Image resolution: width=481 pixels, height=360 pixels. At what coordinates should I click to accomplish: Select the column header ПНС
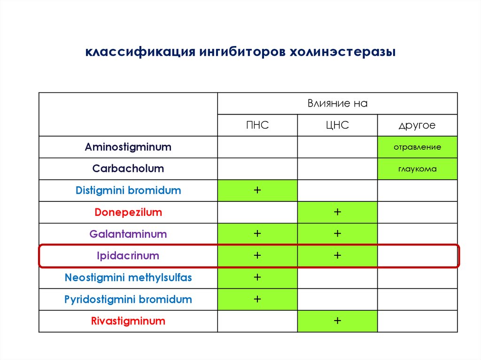click(x=257, y=125)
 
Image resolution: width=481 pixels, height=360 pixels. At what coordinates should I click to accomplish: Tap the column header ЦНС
click(x=337, y=125)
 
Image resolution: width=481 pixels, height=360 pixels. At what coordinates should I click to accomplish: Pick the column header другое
click(x=417, y=125)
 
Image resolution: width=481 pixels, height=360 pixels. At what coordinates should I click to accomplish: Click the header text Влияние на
click(x=337, y=104)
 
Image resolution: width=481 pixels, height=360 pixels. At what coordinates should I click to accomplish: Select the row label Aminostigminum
click(x=128, y=147)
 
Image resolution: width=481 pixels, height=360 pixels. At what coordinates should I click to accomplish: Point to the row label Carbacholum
click(x=128, y=169)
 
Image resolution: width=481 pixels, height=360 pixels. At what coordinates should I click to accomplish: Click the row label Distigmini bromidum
click(x=128, y=191)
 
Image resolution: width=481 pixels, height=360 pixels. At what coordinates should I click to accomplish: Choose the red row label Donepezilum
click(x=128, y=212)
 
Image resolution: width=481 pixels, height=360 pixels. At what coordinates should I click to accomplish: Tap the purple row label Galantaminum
click(x=128, y=234)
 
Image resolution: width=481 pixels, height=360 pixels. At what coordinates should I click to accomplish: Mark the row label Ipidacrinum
click(x=128, y=256)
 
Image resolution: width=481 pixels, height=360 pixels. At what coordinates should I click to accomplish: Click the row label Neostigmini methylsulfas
click(x=128, y=277)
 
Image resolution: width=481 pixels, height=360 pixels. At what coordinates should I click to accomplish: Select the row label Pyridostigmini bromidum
click(x=128, y=299)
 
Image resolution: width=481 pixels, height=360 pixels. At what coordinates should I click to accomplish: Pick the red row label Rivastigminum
click(x=128, y=321)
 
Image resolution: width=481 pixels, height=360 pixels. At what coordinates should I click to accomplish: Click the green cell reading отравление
click(x=417, y=147)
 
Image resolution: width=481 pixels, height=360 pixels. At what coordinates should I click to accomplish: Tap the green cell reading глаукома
click(x=417, y=169)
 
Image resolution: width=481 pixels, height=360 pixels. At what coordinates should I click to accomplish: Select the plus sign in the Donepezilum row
click(x=337, y=212)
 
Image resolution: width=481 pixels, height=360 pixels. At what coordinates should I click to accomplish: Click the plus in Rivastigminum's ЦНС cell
click(x=337, y=321)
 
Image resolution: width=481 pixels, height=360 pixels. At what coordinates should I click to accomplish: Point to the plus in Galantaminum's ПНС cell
click(x=257, y=234)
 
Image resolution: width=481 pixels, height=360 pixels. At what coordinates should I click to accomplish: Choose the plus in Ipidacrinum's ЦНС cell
click(x=337, y=256)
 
